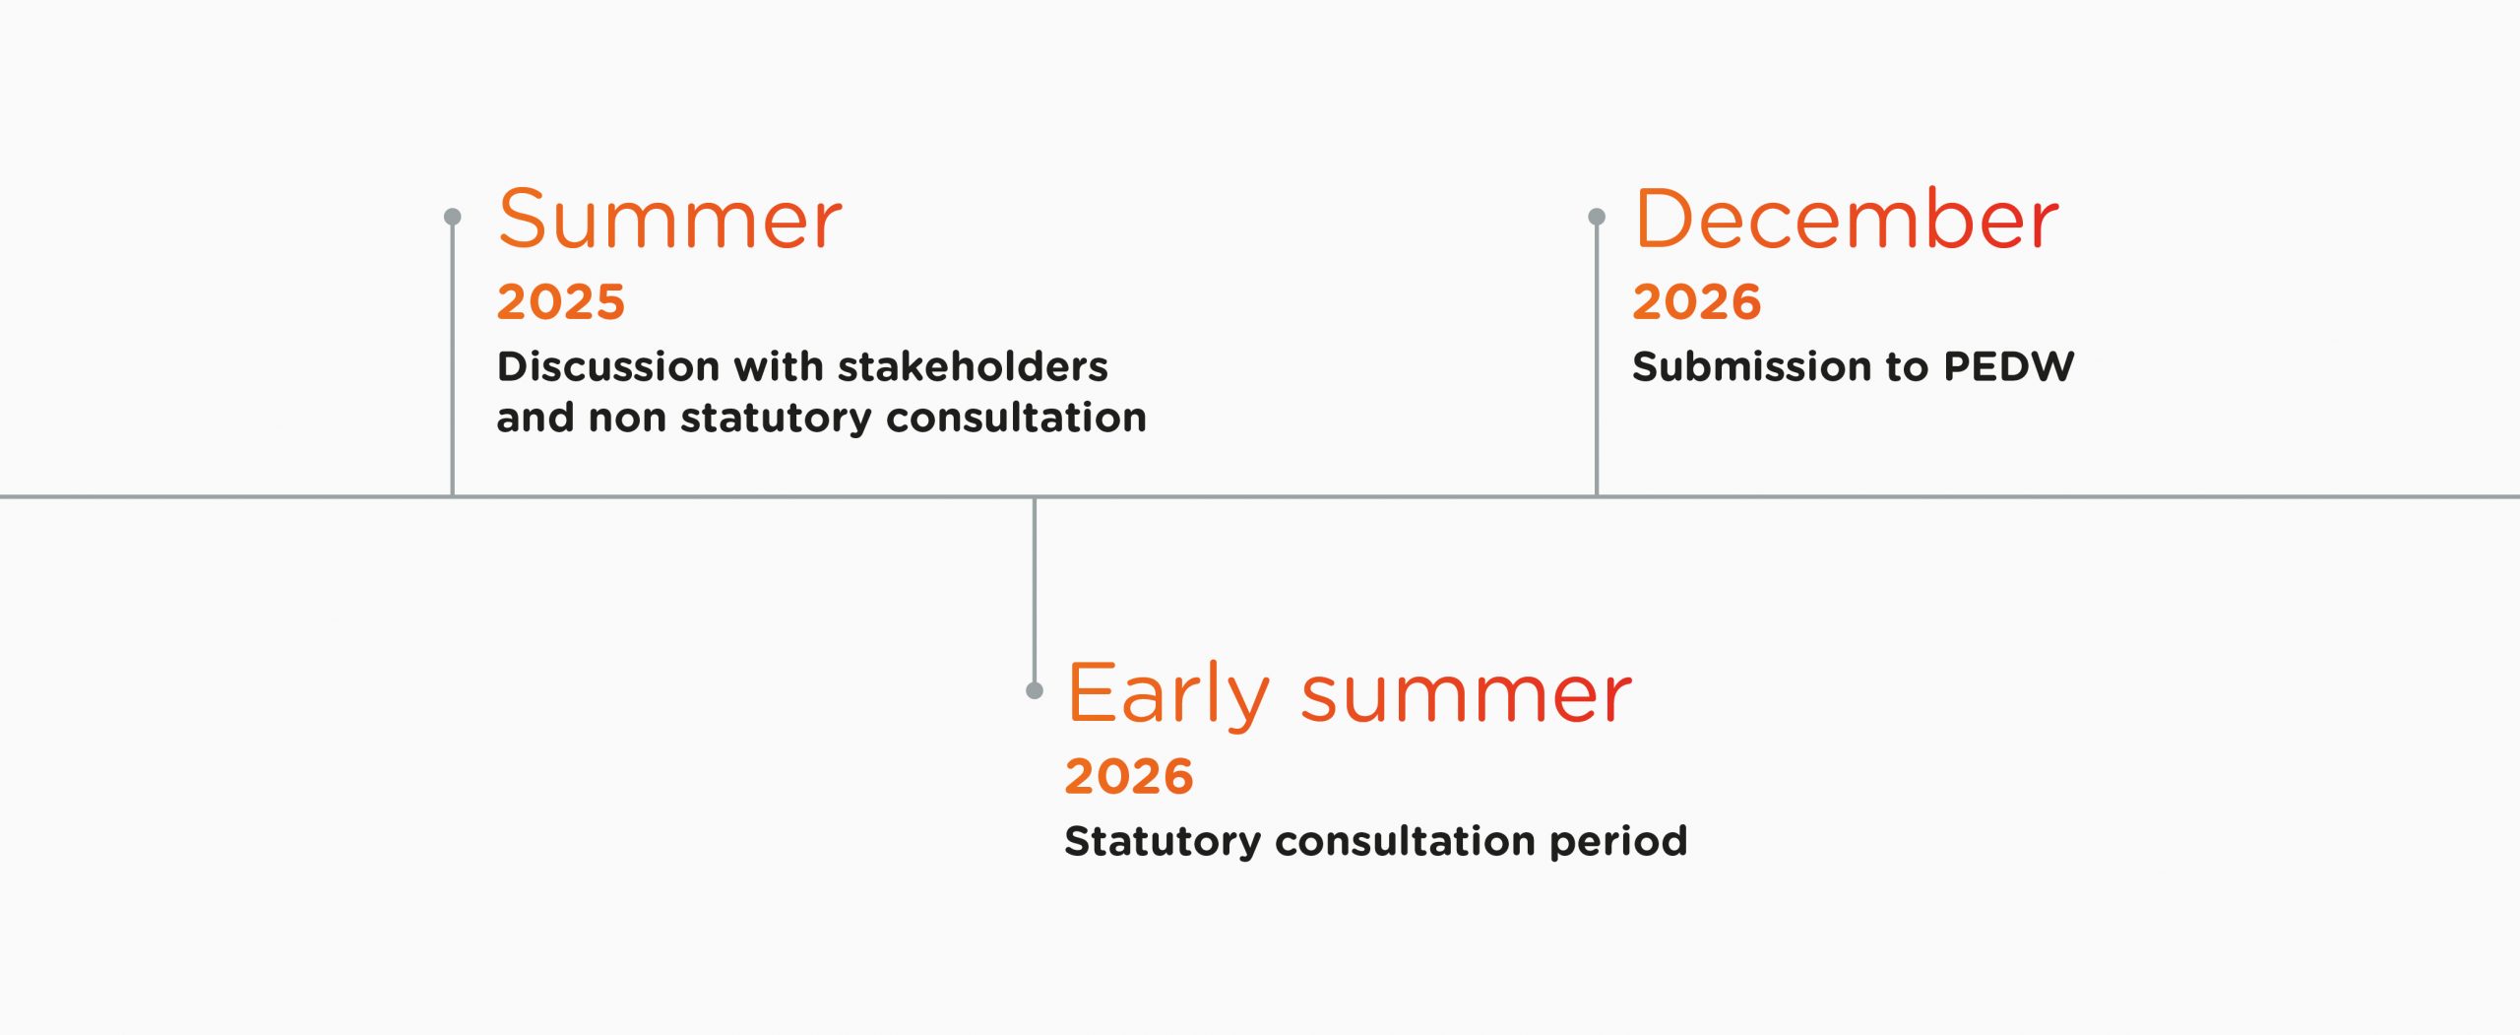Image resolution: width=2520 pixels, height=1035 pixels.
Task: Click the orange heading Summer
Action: pos(669,219)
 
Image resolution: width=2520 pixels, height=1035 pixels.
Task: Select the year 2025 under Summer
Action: pos(561,301)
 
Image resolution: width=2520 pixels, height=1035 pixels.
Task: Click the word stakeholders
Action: pos(973,366)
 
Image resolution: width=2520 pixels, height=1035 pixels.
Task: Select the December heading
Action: pos(1846,219)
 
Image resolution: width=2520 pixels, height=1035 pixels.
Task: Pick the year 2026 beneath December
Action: pos(1697,301)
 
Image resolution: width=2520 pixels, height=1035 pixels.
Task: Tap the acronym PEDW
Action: pos(2009,366)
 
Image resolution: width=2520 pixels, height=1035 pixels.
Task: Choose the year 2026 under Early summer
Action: pos(1129,776)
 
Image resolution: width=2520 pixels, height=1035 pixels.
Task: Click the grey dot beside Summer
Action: pos(453,216)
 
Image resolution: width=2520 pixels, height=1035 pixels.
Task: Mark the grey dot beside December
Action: pos(1597,216)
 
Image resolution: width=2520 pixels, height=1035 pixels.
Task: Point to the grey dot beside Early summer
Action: pos(1035,690)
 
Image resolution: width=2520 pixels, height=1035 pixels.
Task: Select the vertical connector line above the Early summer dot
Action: pos(1035,590)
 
